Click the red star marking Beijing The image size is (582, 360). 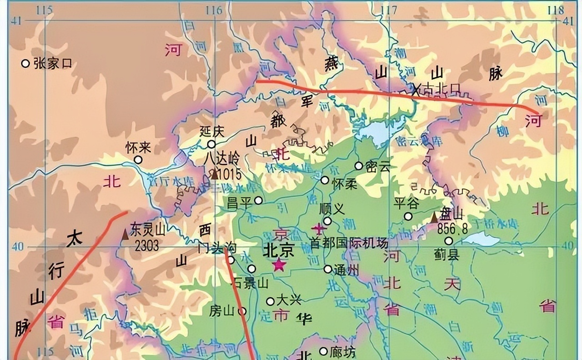[x=279, y=265]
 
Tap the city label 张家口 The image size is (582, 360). [x=53, y=64]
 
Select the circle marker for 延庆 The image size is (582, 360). [x=211, y=145]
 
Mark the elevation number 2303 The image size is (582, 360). [x=147, y=246]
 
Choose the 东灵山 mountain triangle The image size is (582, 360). [x=125, y=235]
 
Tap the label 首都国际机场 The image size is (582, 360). [x=349, y=243]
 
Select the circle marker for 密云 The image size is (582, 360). [x=359, y=166]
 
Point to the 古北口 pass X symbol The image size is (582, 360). [x=416, y=90]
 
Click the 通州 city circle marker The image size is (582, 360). [x=328, y=269]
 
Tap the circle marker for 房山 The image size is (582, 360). [x=242, y=311]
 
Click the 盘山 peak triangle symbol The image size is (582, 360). [x=434, y=217]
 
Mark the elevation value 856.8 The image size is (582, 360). [x=452, y=230]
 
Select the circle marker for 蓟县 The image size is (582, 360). [x=449, y=241]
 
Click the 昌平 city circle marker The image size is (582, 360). [x=258, y=200]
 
